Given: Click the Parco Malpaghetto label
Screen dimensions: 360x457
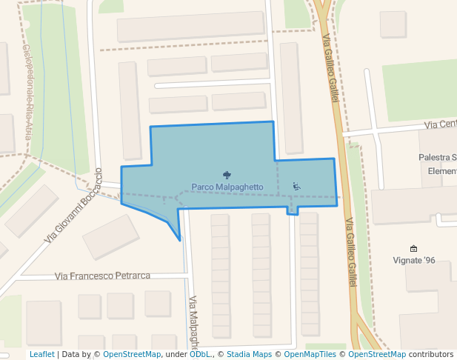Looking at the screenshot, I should [x=227, y=187].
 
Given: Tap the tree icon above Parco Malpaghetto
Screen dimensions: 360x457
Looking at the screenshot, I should [x=227, y=175].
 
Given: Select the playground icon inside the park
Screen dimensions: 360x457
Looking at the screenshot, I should [x=296, y=186].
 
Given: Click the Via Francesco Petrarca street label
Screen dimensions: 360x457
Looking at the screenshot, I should [x=102, y=276].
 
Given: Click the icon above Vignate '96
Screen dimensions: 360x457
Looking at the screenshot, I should [x=413, y=249].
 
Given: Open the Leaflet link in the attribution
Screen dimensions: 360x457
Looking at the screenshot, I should [x=41, y=355].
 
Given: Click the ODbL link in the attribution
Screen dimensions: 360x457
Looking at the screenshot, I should [x=199, y=355].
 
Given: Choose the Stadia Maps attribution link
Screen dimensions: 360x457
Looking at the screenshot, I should [x=250, y=355].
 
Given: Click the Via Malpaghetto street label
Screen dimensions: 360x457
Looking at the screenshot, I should [x=193, y=322].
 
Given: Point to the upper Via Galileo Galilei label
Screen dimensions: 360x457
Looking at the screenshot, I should [x=330, y=67].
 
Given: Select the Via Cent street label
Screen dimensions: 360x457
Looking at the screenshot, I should [x=440, y=124].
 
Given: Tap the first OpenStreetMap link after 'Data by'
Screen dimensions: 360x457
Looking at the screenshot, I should [x=132, y=355].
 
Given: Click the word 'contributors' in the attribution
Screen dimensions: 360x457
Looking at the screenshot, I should [x=431, y=355].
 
